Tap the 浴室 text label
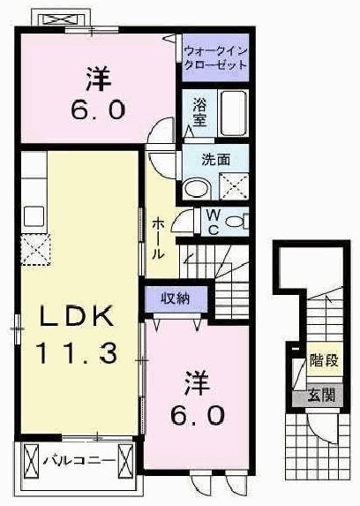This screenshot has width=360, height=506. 199,113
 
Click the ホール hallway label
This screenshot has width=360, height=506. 158,237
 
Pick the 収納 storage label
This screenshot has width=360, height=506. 176,298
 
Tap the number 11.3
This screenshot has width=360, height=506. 77,353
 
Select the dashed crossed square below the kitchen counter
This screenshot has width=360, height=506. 36,250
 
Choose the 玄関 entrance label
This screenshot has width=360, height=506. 321,396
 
